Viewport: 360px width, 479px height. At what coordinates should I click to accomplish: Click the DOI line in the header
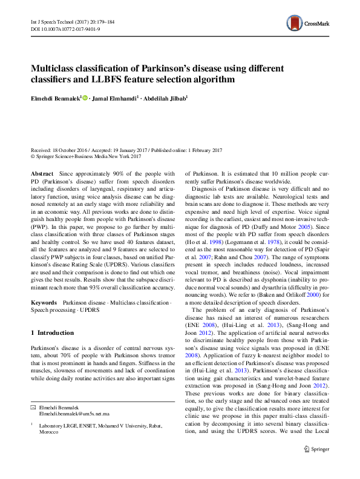(x=59, y=28)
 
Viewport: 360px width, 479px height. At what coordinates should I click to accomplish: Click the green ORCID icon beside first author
(x=85, y=97)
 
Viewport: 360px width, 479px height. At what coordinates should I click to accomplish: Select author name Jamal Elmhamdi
(x=115, y=97)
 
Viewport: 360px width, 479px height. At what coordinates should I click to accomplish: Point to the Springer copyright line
(x=85, y=157)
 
